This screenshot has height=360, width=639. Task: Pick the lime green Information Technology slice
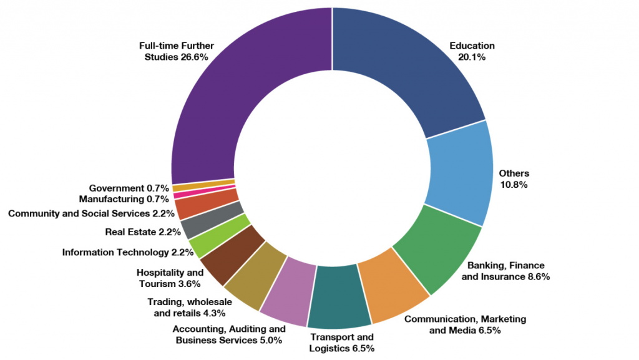click(206, 238)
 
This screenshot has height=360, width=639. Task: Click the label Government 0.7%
click(129, 188)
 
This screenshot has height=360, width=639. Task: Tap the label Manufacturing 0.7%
click(124, 200)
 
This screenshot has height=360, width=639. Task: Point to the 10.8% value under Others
click(514, 185)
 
